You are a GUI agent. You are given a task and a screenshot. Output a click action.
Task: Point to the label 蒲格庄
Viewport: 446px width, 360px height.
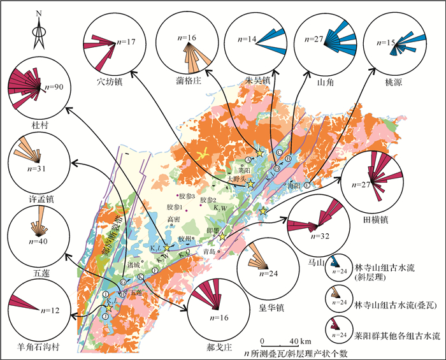[186, 82]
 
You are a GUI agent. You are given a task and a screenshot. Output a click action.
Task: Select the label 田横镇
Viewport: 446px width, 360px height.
[376, 218]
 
